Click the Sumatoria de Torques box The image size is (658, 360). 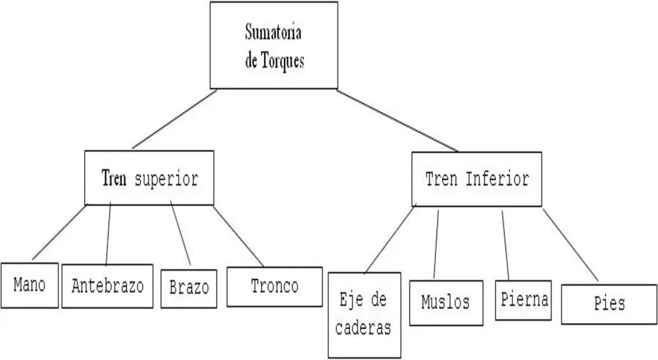[x=274, y=45]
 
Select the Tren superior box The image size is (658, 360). [x=149, y=178]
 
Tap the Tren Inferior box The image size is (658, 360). [x=476, y=179]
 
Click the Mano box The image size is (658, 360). [x=29, y=285]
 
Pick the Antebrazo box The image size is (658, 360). [x=107, y=285]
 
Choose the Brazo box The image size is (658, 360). [x=189, y=287]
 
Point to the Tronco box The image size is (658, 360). [x=274, y=286]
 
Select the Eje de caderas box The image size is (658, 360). [x=364, y=314]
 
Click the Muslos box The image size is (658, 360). [x=445, y=302]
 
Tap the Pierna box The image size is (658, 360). [x=523, y=300]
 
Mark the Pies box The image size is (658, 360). [x=609, y=303]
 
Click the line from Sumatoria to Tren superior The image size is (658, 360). [x=174, y=120]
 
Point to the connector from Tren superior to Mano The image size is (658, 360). [x=58, y=232]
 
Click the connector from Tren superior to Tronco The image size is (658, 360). [x=238, y=235]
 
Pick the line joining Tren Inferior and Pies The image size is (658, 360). [x=571, y=244]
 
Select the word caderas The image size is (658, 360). [x=364, y=328]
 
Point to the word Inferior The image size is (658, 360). [x=497, y=179]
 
